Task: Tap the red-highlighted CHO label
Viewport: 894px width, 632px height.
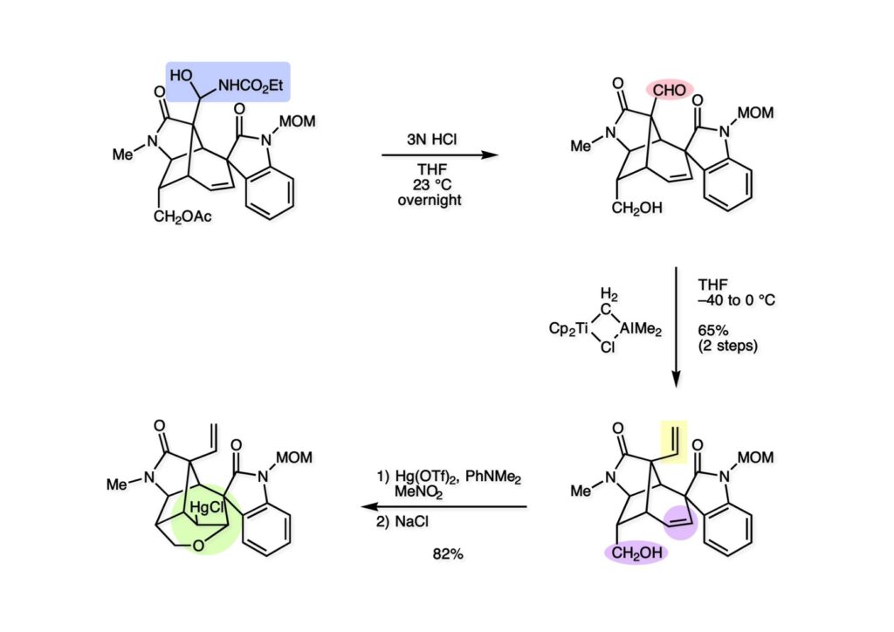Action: click(x=670, y=88)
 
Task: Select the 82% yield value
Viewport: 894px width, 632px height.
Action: click(x=446, y=553)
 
